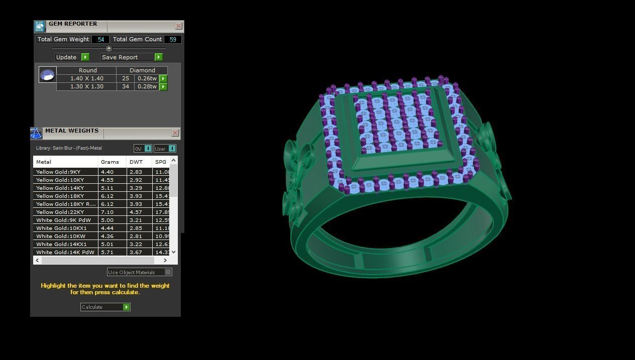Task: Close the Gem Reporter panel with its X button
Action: point(178,26)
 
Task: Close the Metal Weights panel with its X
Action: point(175,133)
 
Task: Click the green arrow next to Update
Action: point(85,57)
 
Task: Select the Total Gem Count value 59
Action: point(173,39)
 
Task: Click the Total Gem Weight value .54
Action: point(100,39)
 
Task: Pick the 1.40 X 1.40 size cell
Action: point(86,78)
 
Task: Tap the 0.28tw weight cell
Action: point(147,86)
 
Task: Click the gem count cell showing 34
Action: point(125,86)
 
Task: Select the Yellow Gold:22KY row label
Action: point(60,212)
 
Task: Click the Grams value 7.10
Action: point(107,212)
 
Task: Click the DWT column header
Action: point(136,162)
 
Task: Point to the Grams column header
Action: point(110,162)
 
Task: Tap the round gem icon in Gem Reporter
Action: point(47,75)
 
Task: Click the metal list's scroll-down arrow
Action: point(173,252)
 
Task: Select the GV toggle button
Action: point(143,149)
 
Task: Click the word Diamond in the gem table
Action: point(142,70)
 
